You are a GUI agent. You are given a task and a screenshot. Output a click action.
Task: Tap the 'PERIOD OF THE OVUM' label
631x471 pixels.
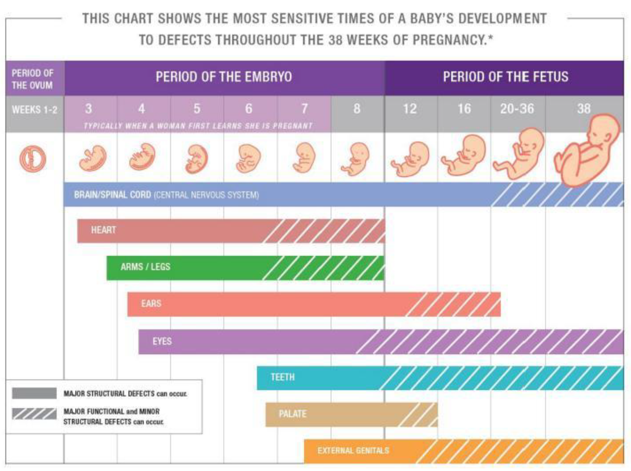pyautogui.click(x=32, y=79)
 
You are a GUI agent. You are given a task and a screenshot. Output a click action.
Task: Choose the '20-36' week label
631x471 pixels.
pyautogui.click(x=517, y=109)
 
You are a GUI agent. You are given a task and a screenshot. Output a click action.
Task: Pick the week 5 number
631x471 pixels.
pyautogui.click(x=197, y=109)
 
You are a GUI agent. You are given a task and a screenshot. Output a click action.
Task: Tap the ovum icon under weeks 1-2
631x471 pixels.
pyautogui.click(x=33, y=159)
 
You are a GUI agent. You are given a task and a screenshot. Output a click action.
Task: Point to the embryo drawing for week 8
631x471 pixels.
pyautogui.click(x=356, y=159)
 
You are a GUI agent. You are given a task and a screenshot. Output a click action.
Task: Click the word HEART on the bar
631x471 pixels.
pyautogui.click(x=103, y=230)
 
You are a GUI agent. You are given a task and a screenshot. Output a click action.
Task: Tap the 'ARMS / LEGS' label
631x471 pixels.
pyautogui.click(x=145, y=267)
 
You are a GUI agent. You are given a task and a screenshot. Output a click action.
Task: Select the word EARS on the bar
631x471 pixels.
pyautogui.click(x=151, y=303)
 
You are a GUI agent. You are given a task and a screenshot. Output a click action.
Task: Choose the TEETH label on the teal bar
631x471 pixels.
pyautogui.click(x=283, y=377)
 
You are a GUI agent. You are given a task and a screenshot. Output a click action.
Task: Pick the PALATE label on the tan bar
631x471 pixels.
pyautogui.click(x=292, y=414)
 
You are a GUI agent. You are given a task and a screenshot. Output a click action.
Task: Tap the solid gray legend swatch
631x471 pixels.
pyautogui.click(x=34, y=393)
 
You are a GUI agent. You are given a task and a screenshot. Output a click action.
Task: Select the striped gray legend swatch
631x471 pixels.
pyautogui.click(x=34, y=414)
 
